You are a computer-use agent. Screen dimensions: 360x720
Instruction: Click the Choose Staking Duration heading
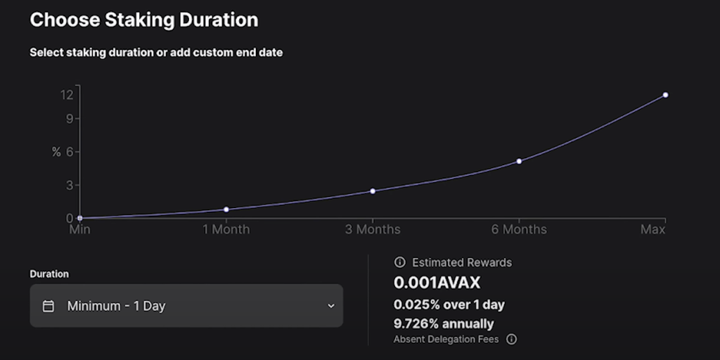tap(143, 20)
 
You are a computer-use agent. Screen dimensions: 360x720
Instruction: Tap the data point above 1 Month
tap(226, 210)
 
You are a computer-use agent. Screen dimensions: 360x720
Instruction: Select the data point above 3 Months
tap(373, 191)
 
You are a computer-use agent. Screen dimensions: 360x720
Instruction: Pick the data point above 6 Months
tap(519, 161)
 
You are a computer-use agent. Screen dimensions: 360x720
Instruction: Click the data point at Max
tap(665, 95)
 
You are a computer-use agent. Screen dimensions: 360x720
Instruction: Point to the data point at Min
tap(79, 219)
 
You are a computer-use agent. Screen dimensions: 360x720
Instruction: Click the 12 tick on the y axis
tap(67, 95)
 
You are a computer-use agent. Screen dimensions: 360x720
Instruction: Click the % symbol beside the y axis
tap(56, 153)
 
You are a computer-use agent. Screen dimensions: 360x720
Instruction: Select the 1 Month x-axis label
tap(226, 230)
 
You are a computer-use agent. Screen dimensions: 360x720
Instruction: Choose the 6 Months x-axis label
tap(519, 230)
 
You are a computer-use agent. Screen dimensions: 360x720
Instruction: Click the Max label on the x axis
tap(653, 230)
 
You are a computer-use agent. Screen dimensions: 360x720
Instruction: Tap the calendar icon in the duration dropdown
tap(49, 306)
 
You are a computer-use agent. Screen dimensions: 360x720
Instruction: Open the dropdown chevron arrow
tap(331, 306)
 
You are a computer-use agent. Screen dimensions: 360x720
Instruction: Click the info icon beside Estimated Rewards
tap(400, 262)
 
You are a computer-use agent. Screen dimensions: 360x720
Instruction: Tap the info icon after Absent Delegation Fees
tap(512, 339)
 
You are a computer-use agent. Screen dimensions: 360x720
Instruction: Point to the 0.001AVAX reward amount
tap(437, 283)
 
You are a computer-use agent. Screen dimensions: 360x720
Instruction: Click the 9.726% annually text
tap(443, 323)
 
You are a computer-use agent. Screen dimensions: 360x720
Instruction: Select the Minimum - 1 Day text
tap(116, 306)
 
